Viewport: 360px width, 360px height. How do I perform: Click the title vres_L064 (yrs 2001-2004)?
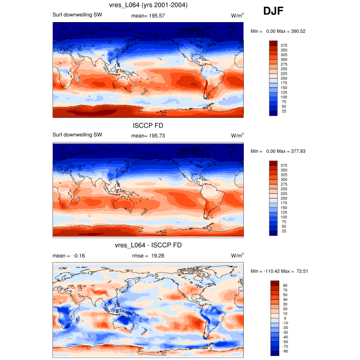(x=148, y=6)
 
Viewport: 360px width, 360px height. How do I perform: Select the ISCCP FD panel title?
(x=148, y=124)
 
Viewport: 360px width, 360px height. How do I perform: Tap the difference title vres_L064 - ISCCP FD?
(x=148, y=245)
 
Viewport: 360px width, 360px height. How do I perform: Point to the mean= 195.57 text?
(x=148, y=15)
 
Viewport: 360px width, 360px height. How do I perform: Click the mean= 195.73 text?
(x=148, y=135)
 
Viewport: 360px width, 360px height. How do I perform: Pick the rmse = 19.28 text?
(x=148, y=256)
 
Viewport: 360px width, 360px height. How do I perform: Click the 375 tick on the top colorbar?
(x=284, y=45)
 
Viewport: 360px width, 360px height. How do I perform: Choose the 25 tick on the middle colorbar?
(x=284, y=231)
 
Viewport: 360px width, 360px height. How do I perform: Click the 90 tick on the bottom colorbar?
(x=284, y=285)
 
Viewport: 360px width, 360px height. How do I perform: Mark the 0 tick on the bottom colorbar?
(x=284, y=318)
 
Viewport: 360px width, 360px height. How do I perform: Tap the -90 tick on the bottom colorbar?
(x=284, y=352)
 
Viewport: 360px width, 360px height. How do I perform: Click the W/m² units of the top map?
(x=237, y=15)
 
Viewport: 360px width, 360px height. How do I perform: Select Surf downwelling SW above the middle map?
(x=77, y=135)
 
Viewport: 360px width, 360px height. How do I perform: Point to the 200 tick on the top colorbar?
(x=284, y=78)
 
